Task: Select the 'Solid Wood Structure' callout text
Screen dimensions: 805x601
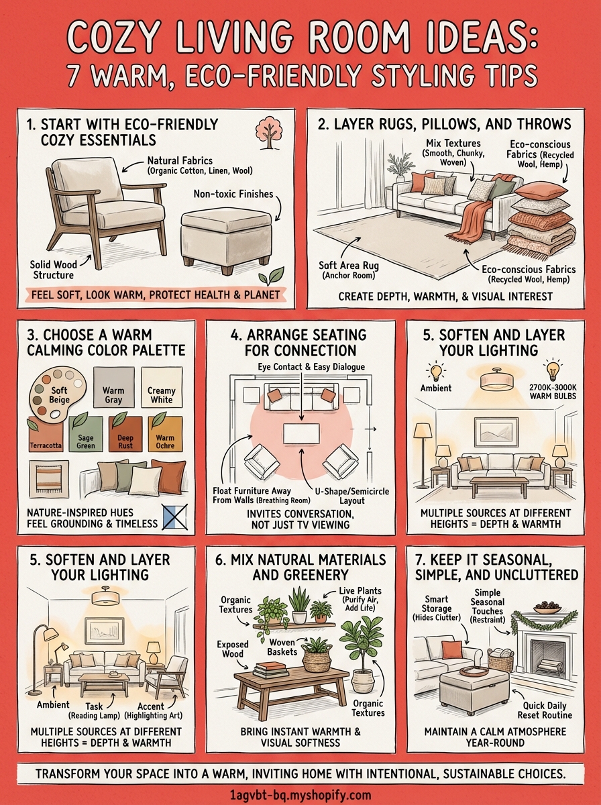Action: (52, 270)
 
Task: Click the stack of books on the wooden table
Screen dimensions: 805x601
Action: (271, 669)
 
